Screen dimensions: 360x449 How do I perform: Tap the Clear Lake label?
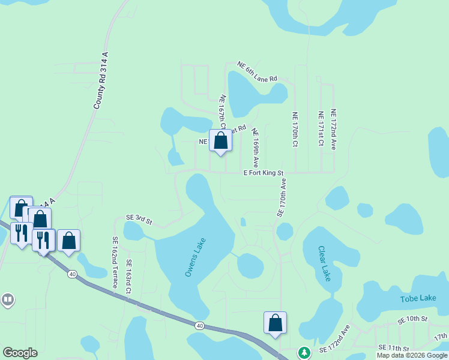click(324, 264)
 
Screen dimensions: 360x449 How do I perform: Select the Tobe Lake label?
click(418, 298)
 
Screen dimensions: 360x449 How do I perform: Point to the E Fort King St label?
click(263, 173)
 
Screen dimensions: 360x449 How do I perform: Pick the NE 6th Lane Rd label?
click(257, 71)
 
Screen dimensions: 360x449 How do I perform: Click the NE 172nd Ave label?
click(333, 129)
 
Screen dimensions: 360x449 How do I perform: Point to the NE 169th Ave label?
click(255, 148)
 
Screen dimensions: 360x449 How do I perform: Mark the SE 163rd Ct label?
click(128, 277)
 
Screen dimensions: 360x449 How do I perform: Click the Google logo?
click(20, 353)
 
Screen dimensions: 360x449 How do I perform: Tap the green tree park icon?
click(305, 352)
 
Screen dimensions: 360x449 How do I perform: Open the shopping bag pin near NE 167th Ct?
click(221, 142)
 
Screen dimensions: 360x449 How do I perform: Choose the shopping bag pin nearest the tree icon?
click(275, 323)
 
